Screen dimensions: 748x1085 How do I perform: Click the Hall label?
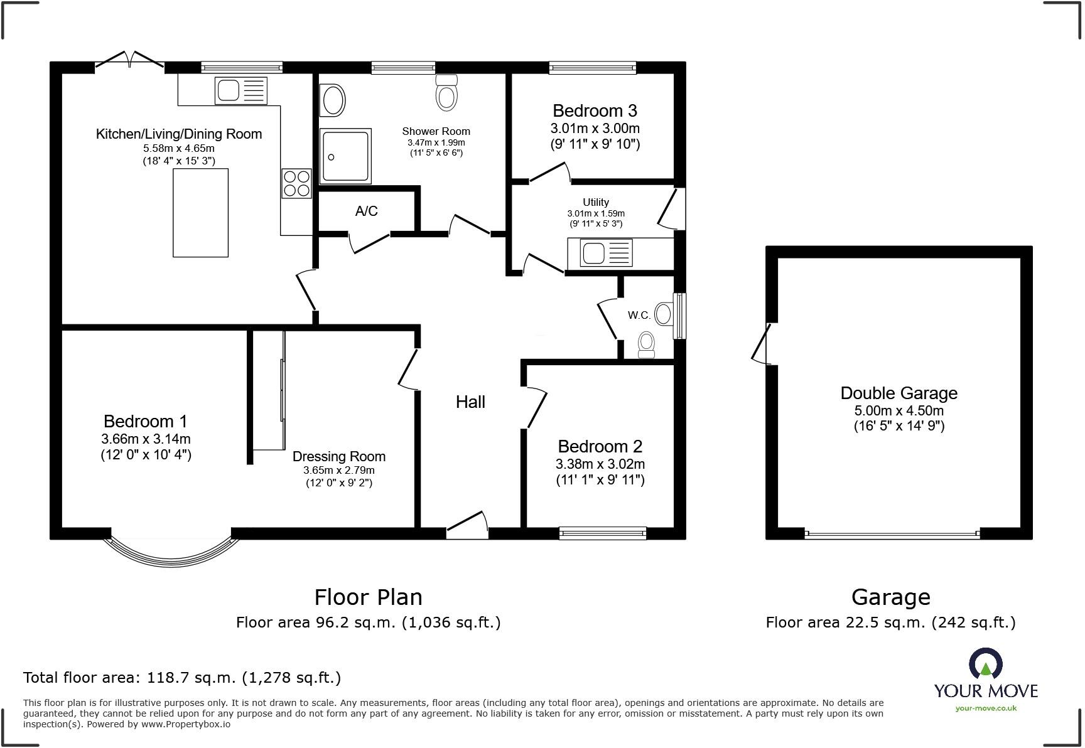coord(470,402)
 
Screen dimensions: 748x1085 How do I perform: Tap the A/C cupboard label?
coord(366,211)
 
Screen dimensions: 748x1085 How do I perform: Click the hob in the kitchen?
coord(296,183)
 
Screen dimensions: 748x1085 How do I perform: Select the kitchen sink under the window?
coord(241,90)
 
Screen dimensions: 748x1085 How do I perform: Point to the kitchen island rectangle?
coord(200,212)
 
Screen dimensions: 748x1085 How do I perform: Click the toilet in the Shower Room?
coord(446,93)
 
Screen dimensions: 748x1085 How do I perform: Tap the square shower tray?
coord(345,155)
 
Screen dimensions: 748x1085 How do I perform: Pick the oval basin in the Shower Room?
coord(333,100)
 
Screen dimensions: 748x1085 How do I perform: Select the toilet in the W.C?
coord(646,345)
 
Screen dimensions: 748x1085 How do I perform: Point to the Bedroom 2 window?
coord(603,533)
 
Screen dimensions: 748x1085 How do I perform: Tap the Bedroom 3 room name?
coord(595,110)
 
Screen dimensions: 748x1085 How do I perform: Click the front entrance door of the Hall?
coord(467,526)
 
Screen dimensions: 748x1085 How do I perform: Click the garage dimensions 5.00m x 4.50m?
coord(899,410)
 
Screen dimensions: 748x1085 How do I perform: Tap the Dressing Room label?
coord(338,456)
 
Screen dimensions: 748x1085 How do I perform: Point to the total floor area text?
coord(182,677)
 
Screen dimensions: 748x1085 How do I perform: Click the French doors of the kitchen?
coord(130,60)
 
